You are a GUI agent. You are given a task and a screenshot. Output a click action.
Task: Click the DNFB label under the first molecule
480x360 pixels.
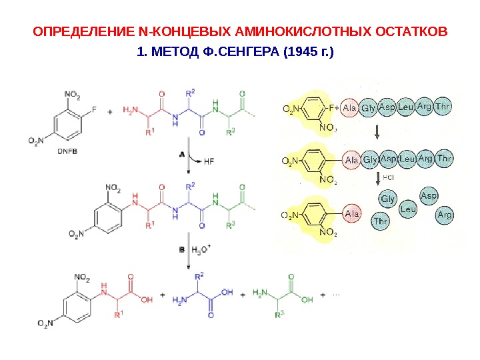tap(67, 151)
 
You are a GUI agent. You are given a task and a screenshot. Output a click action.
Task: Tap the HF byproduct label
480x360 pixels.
tap(208, 161)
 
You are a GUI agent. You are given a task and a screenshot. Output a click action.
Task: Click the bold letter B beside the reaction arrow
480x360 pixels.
tap(181, 250)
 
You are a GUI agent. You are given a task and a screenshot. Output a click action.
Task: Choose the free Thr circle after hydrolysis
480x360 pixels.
tap(381, 221)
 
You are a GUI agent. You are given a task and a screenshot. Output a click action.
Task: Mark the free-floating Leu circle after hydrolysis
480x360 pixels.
tap(409, 209)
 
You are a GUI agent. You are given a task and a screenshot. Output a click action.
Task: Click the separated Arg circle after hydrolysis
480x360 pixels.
tap(445, 215)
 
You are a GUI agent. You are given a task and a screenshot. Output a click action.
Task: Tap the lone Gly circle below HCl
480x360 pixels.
tap(387, 199)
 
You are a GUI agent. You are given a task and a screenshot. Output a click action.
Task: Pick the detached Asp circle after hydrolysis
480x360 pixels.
tap(429, 195)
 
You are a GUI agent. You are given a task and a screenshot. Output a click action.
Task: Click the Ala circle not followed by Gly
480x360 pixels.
tap(352, 214)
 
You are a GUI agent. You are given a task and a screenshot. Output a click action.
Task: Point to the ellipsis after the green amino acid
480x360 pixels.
tap(335, 293)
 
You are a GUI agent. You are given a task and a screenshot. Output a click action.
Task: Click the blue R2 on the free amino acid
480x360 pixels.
tap(199, 275)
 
